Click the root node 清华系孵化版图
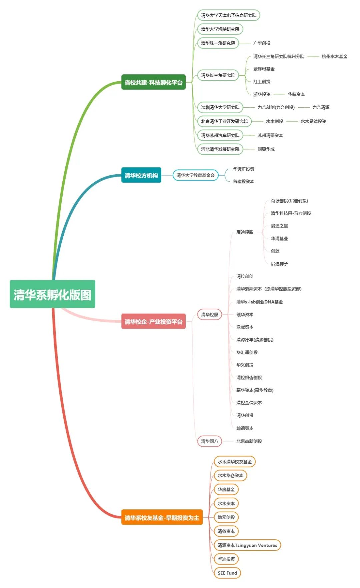(x=52, y=294)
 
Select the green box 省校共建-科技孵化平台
(x=153, y=82)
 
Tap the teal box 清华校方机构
(x=141, y=175)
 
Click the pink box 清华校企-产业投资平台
(x=153, y=321)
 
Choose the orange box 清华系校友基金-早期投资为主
(x=162, y=517)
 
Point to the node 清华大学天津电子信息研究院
(x=229, y=15)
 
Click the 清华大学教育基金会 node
(x=196, y=175)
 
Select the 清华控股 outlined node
(x=210, y=314)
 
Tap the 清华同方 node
(x=210, y=441)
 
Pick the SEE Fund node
(x=227, y=573)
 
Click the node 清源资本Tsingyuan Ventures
(x=247, y=545)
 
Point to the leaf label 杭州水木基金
(x=334, y=57)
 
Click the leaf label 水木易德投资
(x=313, y=121)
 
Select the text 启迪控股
(x=245, y=232)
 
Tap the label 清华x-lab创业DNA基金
(x=260, y=302)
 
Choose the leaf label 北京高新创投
(x=249, y=441)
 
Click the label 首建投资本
(x=243, y=181)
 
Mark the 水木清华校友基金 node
(x=235, y=462)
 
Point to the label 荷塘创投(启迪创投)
(x=289, y=201)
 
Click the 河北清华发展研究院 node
(x=220, y=149)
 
